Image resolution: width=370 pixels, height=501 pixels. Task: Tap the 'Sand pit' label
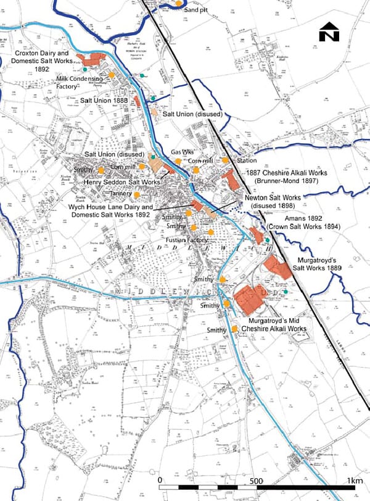point(197,11)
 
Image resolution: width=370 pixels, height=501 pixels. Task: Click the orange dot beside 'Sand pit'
point(178,3)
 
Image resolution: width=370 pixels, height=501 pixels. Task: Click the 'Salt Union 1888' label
point(105,100)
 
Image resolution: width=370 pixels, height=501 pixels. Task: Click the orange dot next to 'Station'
point(226,160)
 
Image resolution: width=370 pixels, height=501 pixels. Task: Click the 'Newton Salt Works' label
point(268,198)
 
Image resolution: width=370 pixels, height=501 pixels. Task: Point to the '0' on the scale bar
point(160,481)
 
